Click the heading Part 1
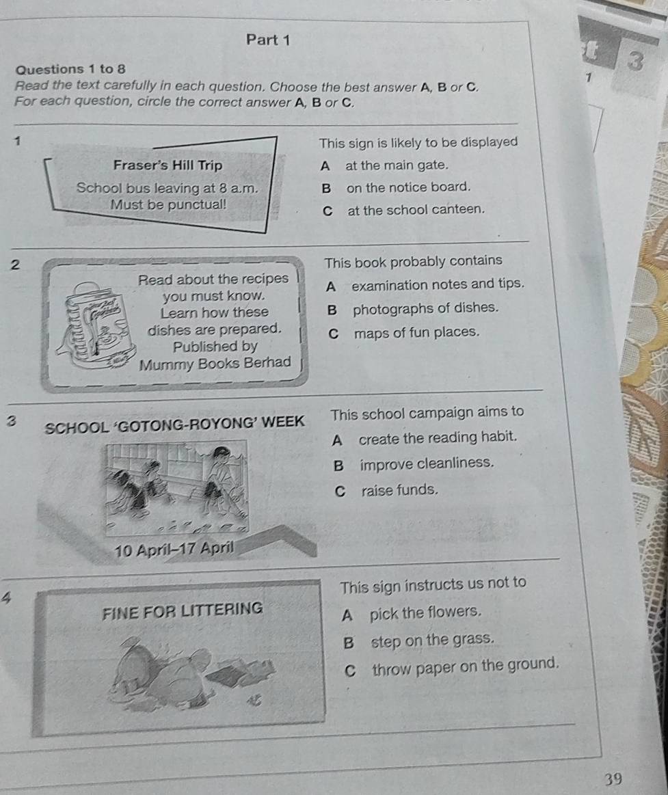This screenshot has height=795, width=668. (268, 40)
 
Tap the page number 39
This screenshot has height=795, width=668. (613, 779)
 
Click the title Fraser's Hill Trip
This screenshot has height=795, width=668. (168, 165)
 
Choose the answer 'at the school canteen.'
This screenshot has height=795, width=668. (416, 209)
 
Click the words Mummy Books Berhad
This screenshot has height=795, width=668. (215, 364)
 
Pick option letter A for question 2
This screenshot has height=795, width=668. (331, 287)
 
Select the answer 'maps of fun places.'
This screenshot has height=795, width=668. (416, 333)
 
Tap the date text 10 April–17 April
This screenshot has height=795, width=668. (174, 549)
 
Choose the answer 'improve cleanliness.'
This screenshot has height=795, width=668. (427, 463)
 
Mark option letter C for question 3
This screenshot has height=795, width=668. (340, 491)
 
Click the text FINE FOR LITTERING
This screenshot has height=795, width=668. (183, 610)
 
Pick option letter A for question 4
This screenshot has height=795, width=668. (347, 615)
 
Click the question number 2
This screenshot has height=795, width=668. (15, 265)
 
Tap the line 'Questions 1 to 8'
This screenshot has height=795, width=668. (71, 69)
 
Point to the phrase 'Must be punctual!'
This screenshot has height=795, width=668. (168, 205)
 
